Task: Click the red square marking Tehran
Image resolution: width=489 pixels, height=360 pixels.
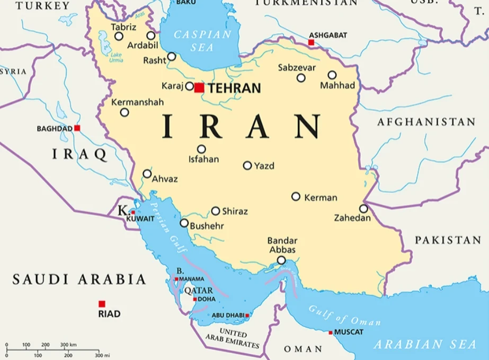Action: coord(199,87)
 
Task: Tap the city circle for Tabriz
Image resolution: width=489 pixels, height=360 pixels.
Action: coord(119,37)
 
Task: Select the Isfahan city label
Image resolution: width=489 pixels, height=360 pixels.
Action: coord(203,159)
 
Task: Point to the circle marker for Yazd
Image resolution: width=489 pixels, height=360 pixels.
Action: coord(247,165)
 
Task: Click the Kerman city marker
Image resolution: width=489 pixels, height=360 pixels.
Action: coord(296,197)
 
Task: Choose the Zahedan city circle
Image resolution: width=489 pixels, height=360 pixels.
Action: coord(363,209)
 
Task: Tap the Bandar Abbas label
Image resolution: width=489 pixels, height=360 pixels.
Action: coord(282,245)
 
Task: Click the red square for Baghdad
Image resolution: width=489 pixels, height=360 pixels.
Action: coord(77,128)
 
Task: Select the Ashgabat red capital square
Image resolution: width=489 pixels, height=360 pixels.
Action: coord(311,42)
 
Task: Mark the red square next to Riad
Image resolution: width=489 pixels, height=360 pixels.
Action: coord(102,304)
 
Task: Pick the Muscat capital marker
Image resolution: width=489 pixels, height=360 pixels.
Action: coord(331,332)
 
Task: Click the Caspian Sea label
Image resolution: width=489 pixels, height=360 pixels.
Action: coord(203,41)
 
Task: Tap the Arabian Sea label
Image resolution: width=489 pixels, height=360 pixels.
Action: coord(425,344)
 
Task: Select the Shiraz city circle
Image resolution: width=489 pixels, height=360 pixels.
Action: coord(216,211)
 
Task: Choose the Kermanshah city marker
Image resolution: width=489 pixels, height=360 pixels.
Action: coord(125,112)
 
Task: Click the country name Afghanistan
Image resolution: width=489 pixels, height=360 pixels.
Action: coord(426,122)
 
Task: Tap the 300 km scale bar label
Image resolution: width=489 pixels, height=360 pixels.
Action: coord(68,345)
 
